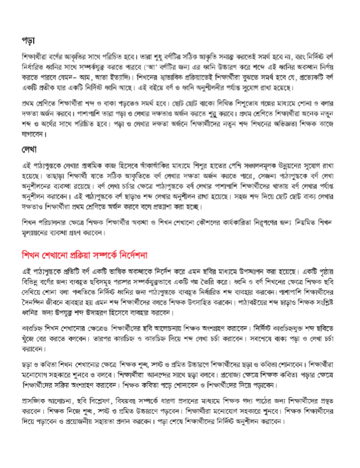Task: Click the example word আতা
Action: (x=105, y=79)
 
